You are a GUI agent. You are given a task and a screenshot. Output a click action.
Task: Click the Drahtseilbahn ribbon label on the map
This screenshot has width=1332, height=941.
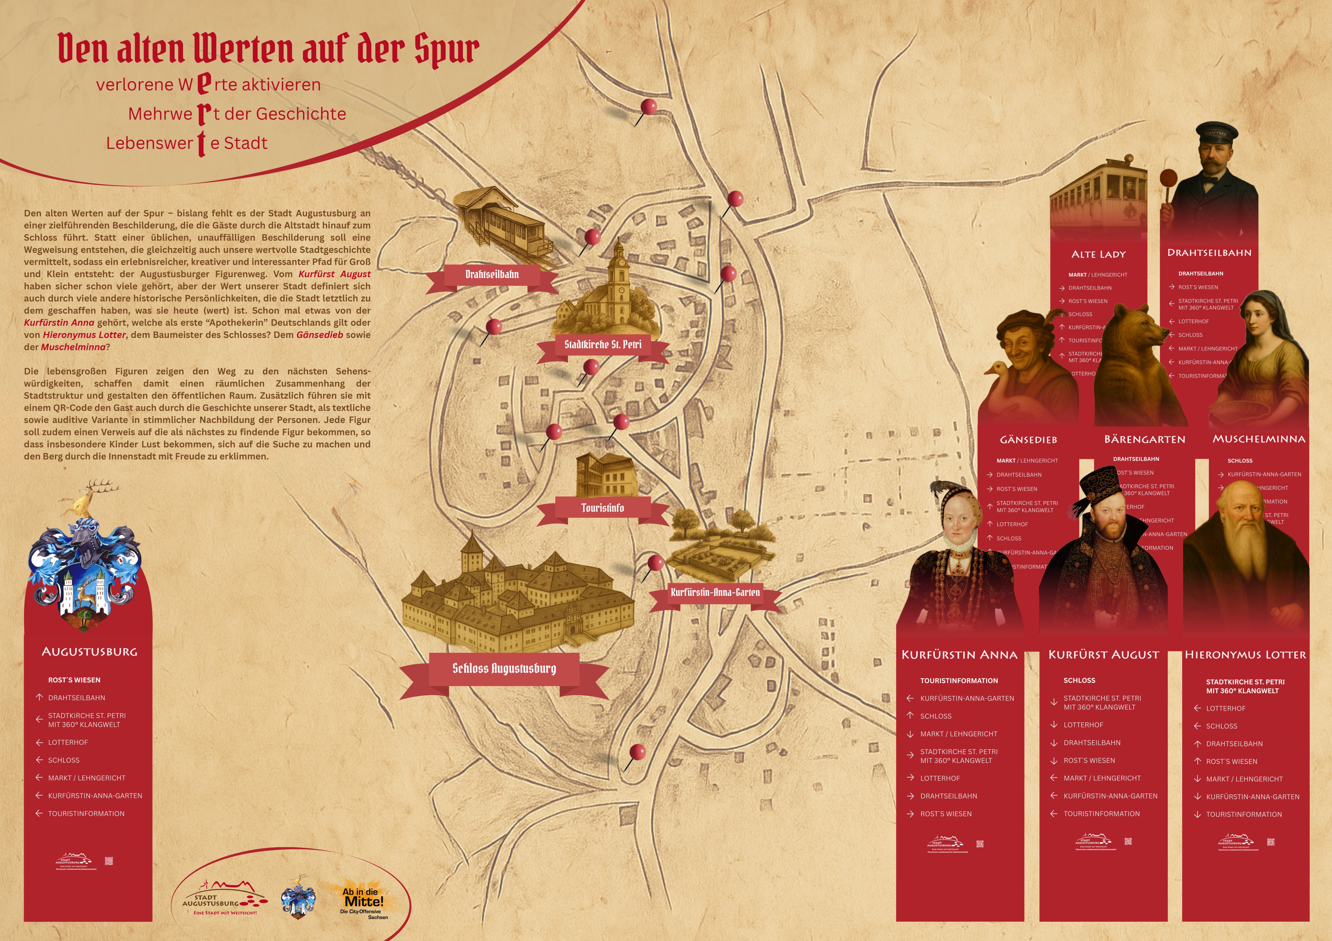[x=492, y=274]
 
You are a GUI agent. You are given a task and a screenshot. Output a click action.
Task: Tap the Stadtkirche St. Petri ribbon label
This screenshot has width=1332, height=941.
[x=603, y=345]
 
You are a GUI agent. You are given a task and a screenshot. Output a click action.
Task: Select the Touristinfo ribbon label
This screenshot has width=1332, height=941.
[x=603, y=508]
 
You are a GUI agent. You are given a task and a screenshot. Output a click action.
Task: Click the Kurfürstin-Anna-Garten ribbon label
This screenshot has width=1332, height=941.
[x=715, y=593]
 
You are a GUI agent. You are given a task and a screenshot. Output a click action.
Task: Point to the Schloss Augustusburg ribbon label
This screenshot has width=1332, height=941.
[x=504, y=669]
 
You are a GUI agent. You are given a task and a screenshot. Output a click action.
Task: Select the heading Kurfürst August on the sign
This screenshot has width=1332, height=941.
[x=1103, y=655]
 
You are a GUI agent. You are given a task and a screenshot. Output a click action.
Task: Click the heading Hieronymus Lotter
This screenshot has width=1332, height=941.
[x=1245, y=655]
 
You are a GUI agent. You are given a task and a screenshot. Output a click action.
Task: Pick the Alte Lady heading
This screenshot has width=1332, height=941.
[x=1098, y=254]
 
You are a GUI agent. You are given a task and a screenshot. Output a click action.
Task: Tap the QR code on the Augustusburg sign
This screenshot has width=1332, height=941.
[x=108, y=861]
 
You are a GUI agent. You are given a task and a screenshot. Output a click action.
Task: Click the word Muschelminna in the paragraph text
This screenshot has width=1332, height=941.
[x=73, y=347]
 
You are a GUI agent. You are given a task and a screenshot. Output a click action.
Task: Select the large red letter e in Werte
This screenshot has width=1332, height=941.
[x=203, y=84]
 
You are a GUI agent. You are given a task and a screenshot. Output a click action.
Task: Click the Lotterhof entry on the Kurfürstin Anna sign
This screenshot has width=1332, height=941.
[x=940, y=778]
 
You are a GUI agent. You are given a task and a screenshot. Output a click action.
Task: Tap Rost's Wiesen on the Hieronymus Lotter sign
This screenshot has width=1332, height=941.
[x=1231, y=762]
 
